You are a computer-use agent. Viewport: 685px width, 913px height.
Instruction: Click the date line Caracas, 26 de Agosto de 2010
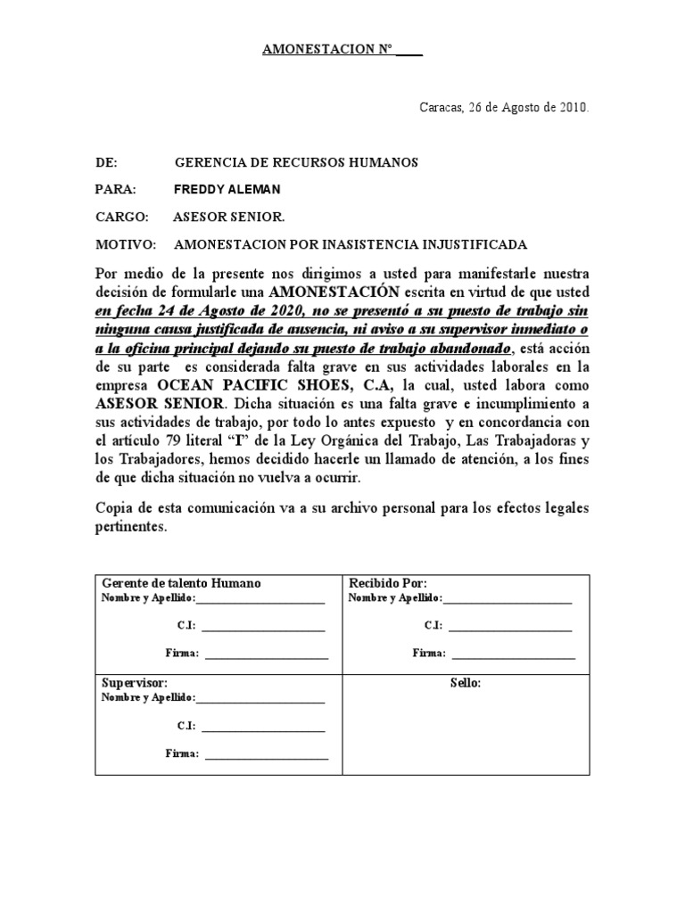coord(504,108)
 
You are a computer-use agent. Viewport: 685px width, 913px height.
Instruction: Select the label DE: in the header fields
coord(106,163)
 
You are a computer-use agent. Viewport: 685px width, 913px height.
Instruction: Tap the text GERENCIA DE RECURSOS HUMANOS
coord(283,163)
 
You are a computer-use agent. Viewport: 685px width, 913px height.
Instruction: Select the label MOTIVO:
coord(125,244)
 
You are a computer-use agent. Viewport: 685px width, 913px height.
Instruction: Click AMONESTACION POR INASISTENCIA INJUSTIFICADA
coord(351,244)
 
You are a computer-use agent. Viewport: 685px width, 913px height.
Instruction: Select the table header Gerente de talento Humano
coord(181,583)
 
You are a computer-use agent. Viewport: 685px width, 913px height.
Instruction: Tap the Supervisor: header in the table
coord(135,682)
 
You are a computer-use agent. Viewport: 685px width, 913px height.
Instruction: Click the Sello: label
coord(466,683)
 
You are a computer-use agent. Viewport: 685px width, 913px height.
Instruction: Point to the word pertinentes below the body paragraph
coord(131,528)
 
